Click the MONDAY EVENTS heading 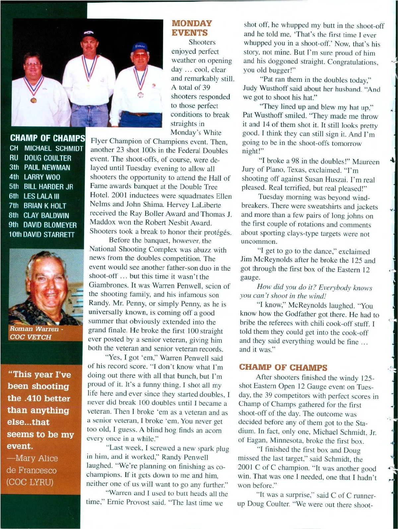(192, 28)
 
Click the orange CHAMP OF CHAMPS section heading (283, 367)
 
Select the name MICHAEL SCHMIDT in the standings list (53, 149)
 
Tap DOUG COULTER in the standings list (47, 158)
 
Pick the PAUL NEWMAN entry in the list (47, 167)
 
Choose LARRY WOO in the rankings (42, 177)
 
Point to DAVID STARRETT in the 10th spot (49, 234)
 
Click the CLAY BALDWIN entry (46, 215)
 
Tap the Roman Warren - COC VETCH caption (34, 333)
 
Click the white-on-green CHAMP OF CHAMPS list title (47, 138)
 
